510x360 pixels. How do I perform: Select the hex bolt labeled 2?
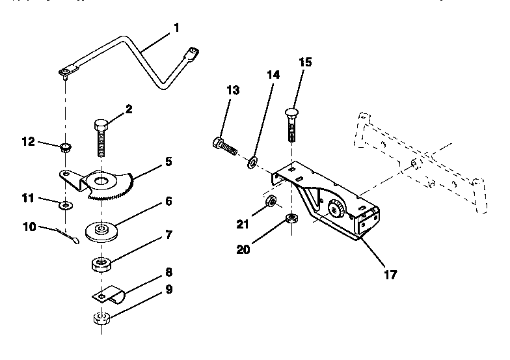[101, 137]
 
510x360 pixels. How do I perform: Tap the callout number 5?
[168, 160]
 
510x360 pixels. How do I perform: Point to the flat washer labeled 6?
[101, 232]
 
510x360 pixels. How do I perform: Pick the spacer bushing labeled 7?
[102, 265]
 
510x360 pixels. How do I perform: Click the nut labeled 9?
[101, 320]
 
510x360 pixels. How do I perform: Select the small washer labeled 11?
[66, 206]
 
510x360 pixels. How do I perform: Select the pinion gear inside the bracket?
[337, 209]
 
